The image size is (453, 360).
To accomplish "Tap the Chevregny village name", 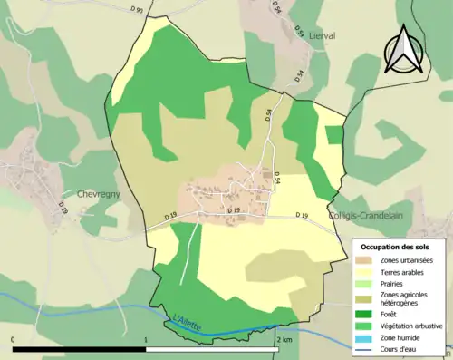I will tap(86, 193).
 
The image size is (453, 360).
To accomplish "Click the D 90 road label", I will tap(136, 8).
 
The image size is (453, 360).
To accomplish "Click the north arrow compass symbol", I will tap(401, 50).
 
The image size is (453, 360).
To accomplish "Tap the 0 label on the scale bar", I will tap(14, 340).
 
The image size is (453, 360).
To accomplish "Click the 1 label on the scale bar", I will tap(146, 340).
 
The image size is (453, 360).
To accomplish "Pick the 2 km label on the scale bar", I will tap(284, 340).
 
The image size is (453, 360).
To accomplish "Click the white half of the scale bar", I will tap(213, 349).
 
